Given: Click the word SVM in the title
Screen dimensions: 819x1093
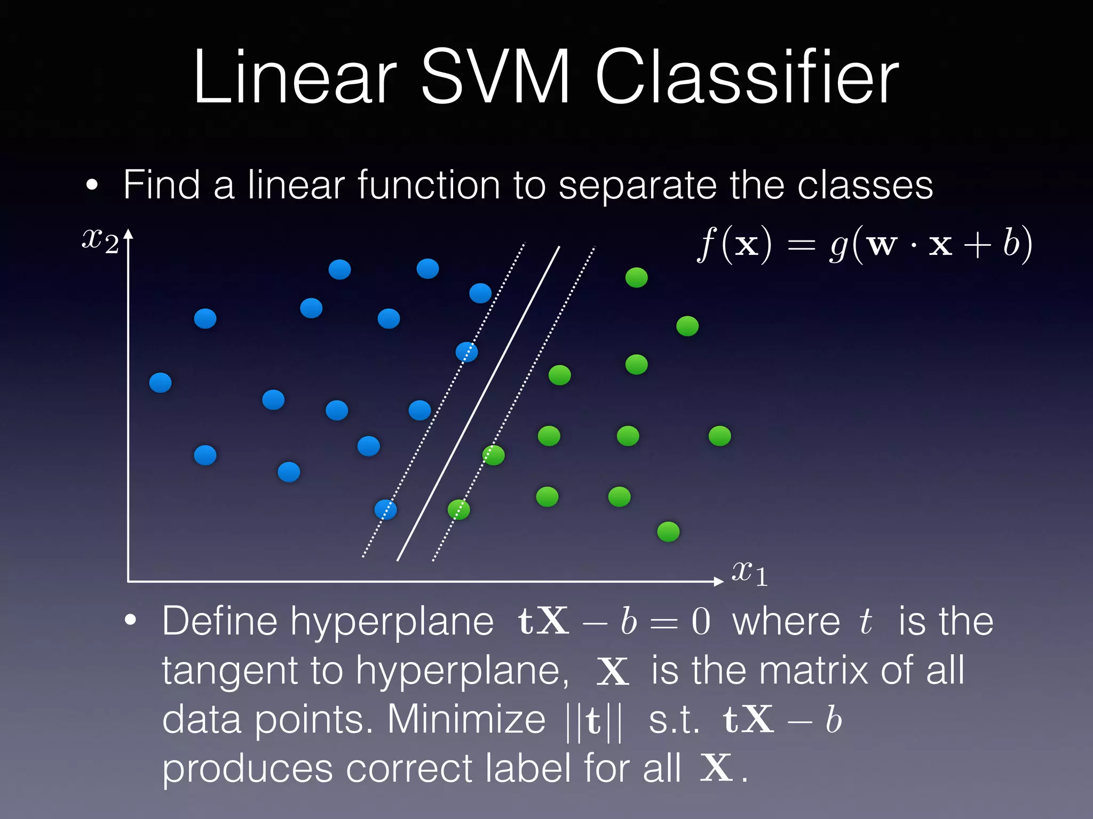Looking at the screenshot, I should click(x=495, y=77).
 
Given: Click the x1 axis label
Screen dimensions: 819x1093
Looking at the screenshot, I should click(x=749, y=574).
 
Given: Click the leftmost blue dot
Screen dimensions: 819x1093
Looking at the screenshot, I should click(x=160, y=382).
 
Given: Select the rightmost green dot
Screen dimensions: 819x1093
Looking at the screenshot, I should click(x=719, y=436).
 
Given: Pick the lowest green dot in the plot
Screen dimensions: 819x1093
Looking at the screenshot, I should click(x=668, y=531).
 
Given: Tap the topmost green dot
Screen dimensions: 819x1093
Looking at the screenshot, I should click(x=636, y=277).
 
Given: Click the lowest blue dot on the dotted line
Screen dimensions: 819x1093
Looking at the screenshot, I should click(x=385, y=510).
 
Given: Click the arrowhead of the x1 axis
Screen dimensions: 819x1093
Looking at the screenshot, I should click(x=719, y=581).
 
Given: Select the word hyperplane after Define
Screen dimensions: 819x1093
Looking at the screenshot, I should click(x=392, y=622).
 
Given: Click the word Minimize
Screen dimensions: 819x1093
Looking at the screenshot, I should click(x=466, y=720).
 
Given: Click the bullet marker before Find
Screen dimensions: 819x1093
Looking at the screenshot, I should click(x=92, y=185).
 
